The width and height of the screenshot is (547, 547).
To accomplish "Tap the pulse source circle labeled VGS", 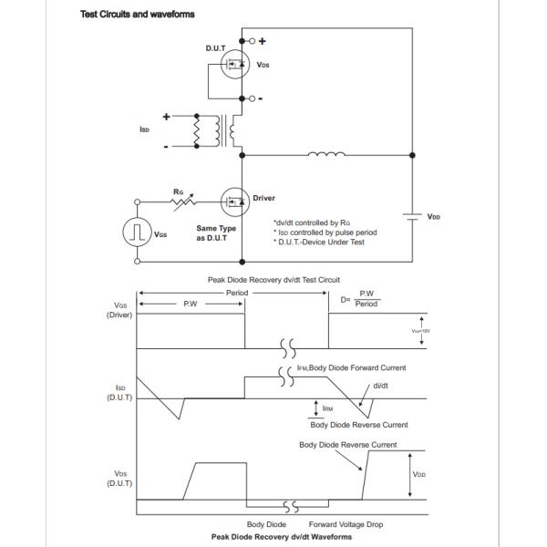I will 138,232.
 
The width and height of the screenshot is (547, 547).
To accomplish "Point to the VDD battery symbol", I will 411,217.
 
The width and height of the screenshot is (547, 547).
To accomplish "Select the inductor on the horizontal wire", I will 326,154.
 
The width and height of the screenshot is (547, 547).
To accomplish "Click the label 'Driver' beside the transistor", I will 263,198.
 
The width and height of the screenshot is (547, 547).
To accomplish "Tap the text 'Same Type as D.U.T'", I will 216,232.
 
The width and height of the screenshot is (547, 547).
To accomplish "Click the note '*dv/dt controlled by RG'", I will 313,222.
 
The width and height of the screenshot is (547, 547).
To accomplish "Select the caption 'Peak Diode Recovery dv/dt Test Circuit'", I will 273,280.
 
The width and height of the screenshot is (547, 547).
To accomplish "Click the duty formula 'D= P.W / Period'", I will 362,299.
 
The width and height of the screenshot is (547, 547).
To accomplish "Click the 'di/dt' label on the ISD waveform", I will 382,385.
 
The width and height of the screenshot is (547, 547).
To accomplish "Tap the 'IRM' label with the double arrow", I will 326,408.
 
